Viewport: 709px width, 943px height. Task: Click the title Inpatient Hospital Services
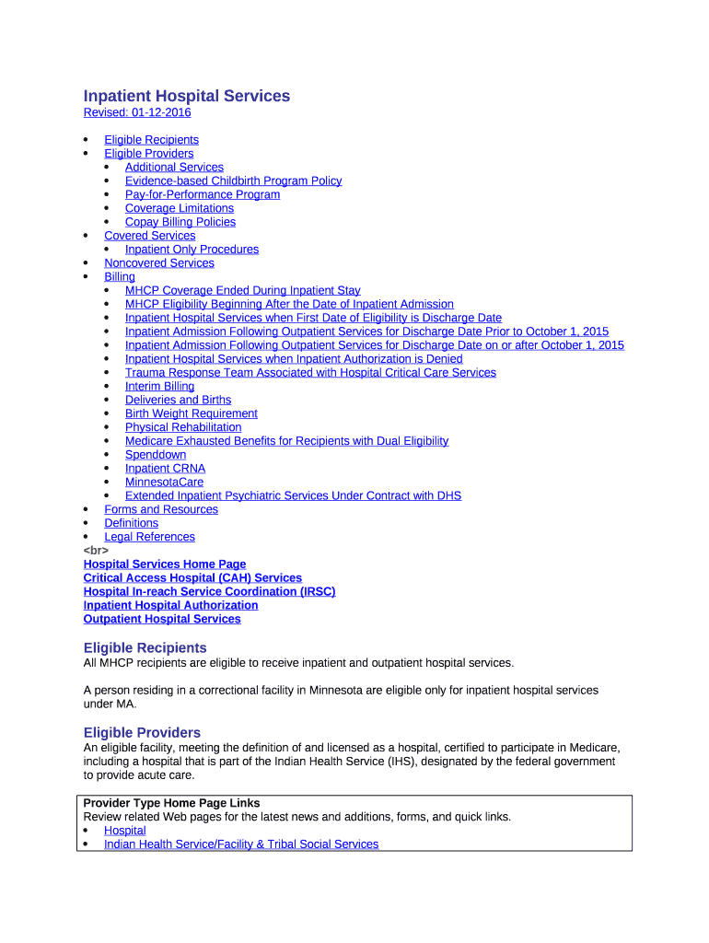(186, 96)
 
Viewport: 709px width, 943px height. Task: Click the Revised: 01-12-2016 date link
(137, 112)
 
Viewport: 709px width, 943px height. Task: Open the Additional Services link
(174, 167)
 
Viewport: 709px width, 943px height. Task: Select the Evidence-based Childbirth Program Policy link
(233, 180)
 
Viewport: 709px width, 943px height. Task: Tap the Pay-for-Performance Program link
(203, 194)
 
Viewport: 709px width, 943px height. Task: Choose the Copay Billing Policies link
(180, 222)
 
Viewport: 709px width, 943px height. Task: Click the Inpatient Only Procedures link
(192, 250)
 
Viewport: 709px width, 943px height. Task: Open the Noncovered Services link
(158, 263)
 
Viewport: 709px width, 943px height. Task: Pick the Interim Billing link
(159, 387)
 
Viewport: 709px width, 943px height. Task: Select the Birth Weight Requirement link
(191, 413)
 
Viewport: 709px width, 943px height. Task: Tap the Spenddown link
(156, 455)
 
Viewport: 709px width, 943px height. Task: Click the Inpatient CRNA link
(165, 469)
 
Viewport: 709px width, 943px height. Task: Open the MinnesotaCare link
(164, 483)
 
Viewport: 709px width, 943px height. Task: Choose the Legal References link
(149, 537)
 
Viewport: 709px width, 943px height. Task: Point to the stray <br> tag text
(96, 551)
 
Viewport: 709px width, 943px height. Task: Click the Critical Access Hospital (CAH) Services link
(192, 578)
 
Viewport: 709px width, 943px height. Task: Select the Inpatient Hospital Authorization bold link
(170, 605)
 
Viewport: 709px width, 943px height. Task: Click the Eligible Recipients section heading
(145, 647)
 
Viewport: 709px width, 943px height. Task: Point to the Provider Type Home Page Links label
(171, 803)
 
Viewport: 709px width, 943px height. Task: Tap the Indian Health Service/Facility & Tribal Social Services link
(240, 844)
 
